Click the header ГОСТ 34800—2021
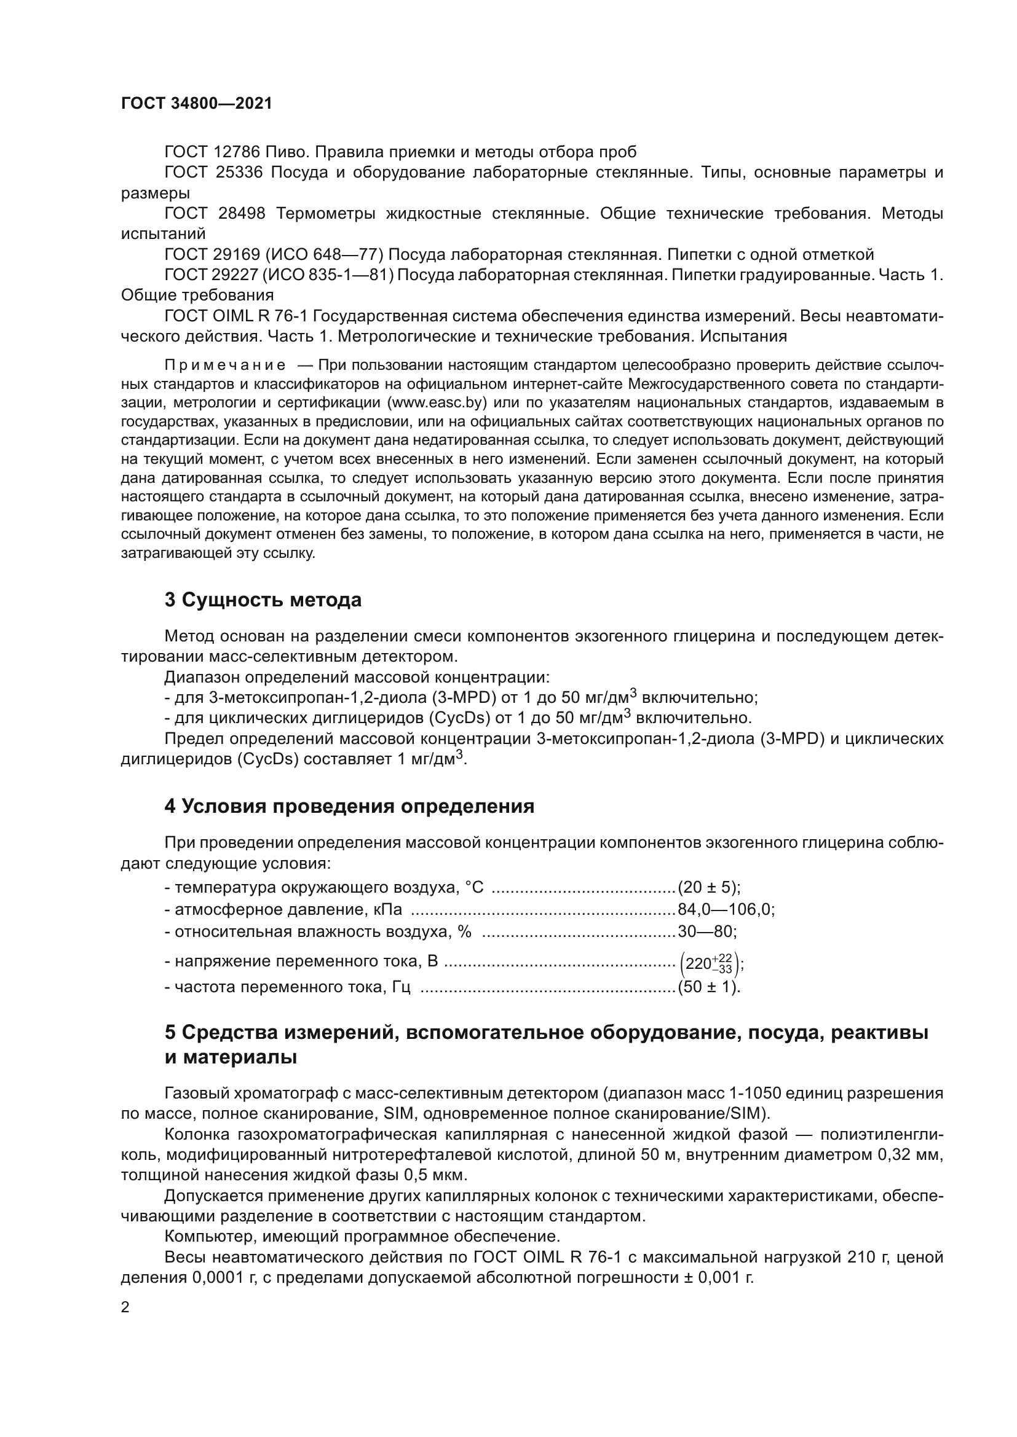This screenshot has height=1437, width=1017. point(197,104)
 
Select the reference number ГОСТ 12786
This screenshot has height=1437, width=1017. point(212,152)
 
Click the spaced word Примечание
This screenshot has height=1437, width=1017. point(225,366)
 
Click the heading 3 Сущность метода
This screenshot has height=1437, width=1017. point(263,600)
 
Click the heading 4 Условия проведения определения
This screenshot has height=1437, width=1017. point(349,806)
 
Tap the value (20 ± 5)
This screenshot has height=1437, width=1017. point(708,888)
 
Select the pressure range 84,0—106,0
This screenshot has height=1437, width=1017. point(725,909)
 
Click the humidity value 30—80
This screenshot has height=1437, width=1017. point(706,931)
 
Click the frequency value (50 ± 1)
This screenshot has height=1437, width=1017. point(708,987)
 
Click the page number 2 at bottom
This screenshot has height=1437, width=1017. point(125,1307)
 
